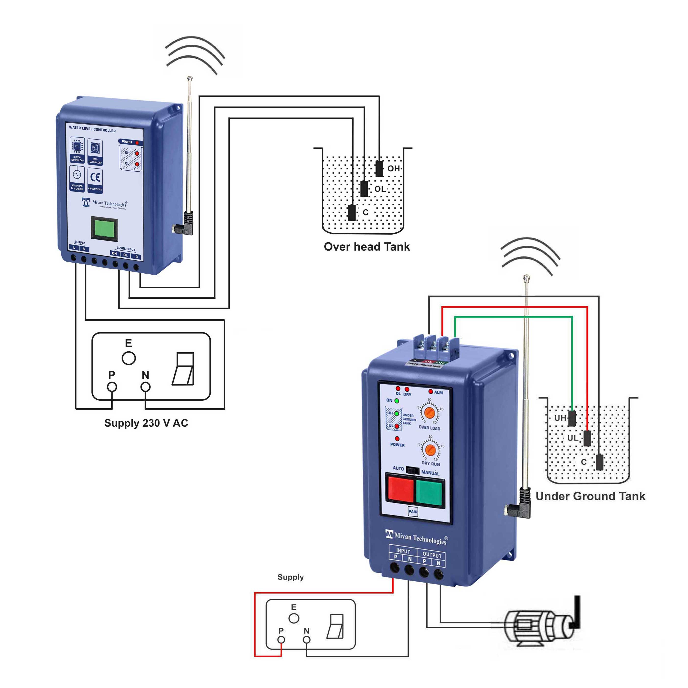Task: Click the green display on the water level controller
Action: [105, 228]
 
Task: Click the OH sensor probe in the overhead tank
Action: [379, 168]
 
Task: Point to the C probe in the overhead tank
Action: [352, 213]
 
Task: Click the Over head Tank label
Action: [367, 247]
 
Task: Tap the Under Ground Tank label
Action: [590, 496]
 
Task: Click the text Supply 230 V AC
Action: [146, 423]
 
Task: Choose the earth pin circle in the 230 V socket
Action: [128, 358]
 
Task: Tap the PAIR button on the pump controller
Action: [413, 511]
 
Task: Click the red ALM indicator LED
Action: [431, 391]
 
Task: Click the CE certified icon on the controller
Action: [95, 179]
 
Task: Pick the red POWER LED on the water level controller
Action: [137, 142]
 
